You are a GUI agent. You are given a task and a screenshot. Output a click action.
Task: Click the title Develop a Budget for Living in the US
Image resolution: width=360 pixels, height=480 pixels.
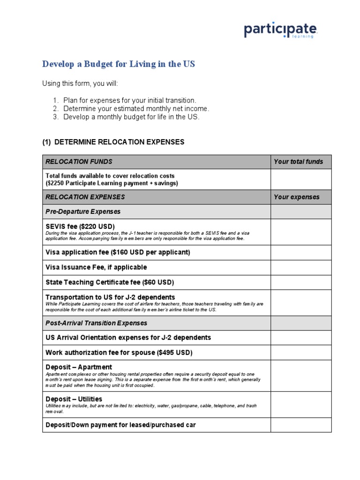[x=119, y=64]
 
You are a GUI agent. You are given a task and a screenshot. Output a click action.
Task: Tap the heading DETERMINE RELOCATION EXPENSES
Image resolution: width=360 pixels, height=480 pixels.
[x=113, y=142]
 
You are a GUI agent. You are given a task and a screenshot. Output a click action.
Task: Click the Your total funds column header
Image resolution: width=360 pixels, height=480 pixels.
[x=298, y=162]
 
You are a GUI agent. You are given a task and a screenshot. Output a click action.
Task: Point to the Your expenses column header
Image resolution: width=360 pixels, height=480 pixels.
[x=296, y=197]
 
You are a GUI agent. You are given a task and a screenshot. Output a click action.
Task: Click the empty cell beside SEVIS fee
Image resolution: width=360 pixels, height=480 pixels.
[x=300, y=232]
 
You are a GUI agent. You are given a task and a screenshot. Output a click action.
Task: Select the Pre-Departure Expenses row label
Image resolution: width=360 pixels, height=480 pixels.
[x=83, y=212]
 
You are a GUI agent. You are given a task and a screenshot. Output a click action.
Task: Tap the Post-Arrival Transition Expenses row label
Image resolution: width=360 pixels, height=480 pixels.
[x=96, y=323]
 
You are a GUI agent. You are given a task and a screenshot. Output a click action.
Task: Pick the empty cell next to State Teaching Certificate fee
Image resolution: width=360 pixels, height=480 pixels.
[x=300, y=282]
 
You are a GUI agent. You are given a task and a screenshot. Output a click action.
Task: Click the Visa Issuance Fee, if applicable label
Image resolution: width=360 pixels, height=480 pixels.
[x=96, y=267]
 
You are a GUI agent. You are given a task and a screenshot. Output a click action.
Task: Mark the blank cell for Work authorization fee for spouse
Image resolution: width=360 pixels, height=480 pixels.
[x=300, y=352]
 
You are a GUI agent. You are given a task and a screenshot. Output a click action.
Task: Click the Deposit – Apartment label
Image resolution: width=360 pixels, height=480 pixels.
[x=79, y=367]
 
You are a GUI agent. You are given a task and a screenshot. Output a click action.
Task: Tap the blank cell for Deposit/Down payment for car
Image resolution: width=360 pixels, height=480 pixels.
[x=300, y=425]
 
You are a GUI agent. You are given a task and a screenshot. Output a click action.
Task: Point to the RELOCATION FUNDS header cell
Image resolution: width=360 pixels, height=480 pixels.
[x=79, y=162]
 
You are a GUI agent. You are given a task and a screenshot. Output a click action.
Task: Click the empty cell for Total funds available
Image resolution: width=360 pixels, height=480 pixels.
[x=300, y=179]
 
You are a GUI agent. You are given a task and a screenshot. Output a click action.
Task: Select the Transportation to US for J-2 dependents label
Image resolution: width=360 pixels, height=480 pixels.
[x=110, y=297]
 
